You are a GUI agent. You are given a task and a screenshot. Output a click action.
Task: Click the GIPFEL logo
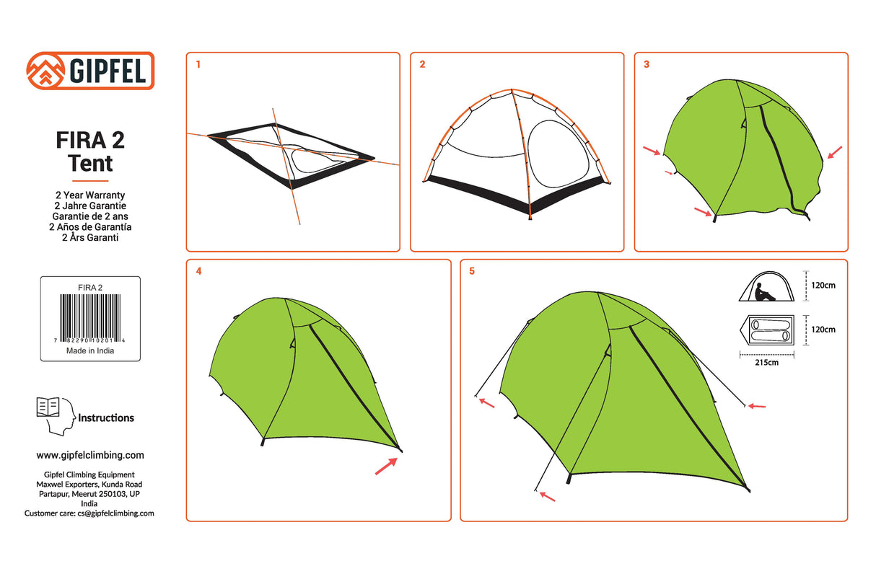90,71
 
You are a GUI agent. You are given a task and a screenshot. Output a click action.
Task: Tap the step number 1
198,64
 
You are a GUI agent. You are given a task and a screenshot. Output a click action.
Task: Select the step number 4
198,272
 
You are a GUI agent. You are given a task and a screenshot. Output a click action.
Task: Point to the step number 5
472,272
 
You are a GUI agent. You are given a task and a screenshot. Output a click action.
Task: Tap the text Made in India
90,351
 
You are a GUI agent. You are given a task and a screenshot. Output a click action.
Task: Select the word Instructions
106,418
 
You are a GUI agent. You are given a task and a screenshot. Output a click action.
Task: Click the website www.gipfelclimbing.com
90,455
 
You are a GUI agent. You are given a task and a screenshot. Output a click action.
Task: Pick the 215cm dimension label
766,363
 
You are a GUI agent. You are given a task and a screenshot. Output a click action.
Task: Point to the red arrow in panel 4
386,467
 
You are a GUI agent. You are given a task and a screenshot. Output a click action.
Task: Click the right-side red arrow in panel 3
834,152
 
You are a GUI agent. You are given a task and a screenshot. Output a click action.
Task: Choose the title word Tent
90,164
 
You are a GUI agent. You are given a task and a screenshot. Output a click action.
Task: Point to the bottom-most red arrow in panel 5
548,496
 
